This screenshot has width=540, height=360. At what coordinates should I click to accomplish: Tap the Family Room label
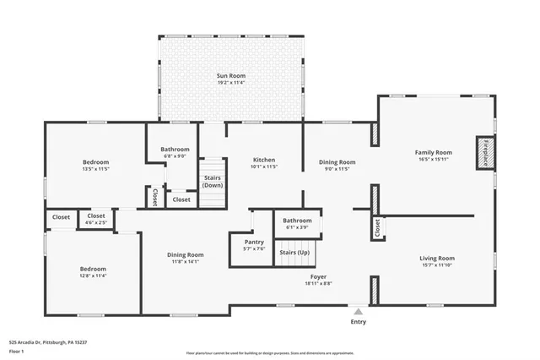point(433,152)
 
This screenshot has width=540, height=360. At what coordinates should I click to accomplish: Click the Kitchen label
point(264,160)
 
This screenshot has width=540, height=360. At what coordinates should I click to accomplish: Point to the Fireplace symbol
point(485,154)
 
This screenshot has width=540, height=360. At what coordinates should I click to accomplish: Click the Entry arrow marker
point(359,312)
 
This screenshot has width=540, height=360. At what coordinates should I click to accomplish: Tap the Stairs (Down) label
point(213,182)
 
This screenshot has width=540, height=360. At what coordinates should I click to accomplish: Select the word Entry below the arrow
point(359,322)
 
